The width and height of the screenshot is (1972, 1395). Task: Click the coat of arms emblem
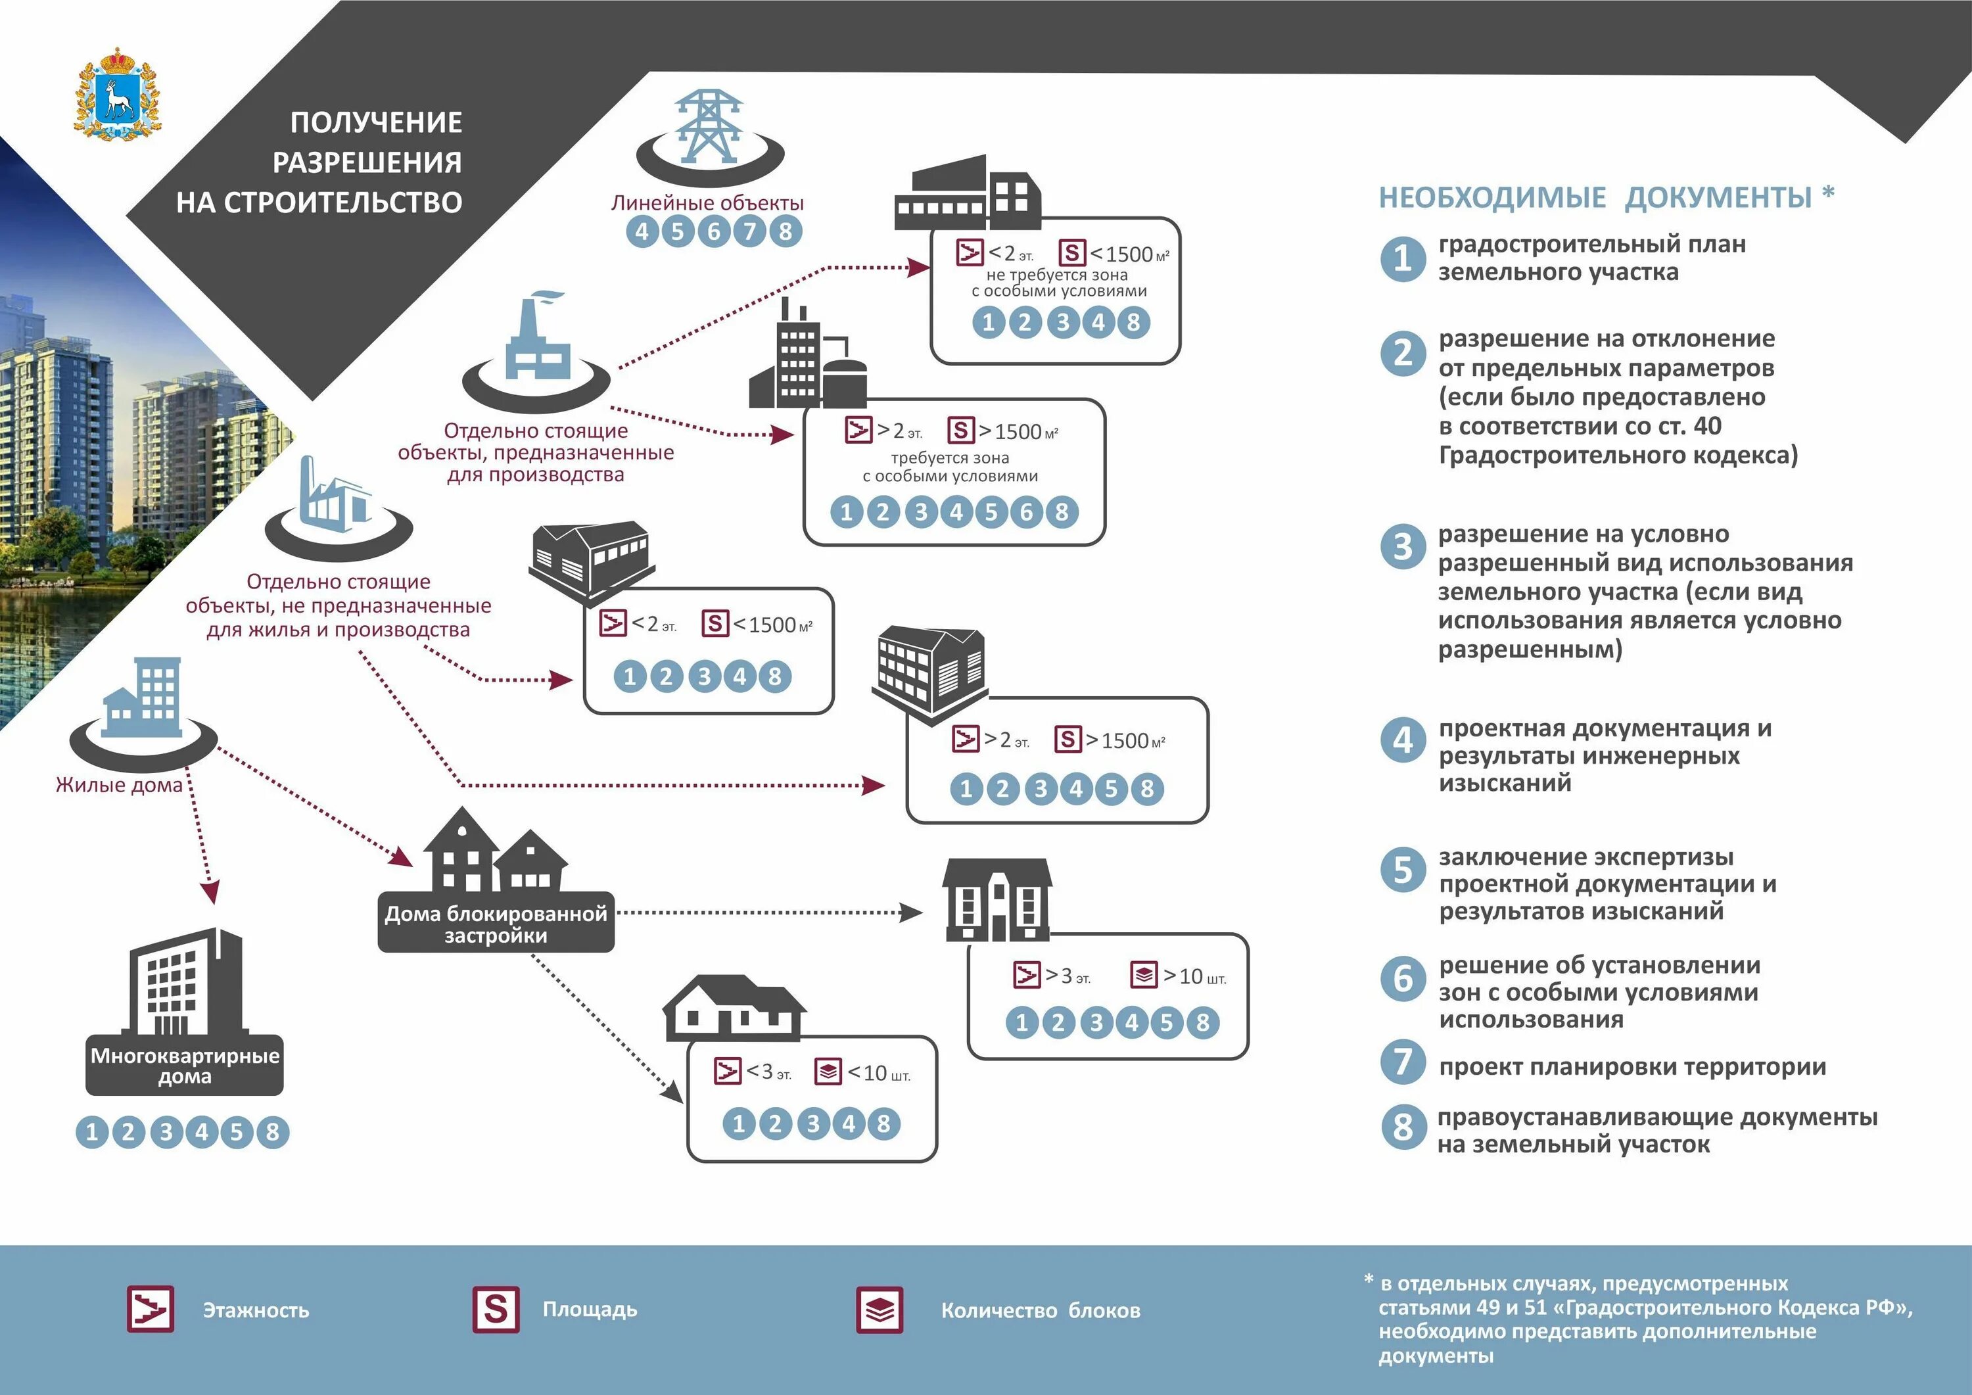118,95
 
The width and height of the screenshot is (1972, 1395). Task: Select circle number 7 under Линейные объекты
749,231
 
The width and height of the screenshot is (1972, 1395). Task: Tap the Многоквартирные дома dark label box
185,1065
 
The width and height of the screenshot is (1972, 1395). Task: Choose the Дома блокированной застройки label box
496,924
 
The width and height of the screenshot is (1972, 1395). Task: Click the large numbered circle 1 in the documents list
1403,258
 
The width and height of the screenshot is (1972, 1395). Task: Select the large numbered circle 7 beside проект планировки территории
1403,1062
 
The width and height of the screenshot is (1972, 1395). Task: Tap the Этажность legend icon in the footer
151,1309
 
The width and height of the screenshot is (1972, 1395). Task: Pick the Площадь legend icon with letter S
496,1309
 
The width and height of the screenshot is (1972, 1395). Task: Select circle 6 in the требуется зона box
1026,512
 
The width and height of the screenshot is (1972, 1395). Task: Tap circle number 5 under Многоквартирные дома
236,1132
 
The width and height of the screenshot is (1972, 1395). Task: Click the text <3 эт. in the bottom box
768,1072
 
